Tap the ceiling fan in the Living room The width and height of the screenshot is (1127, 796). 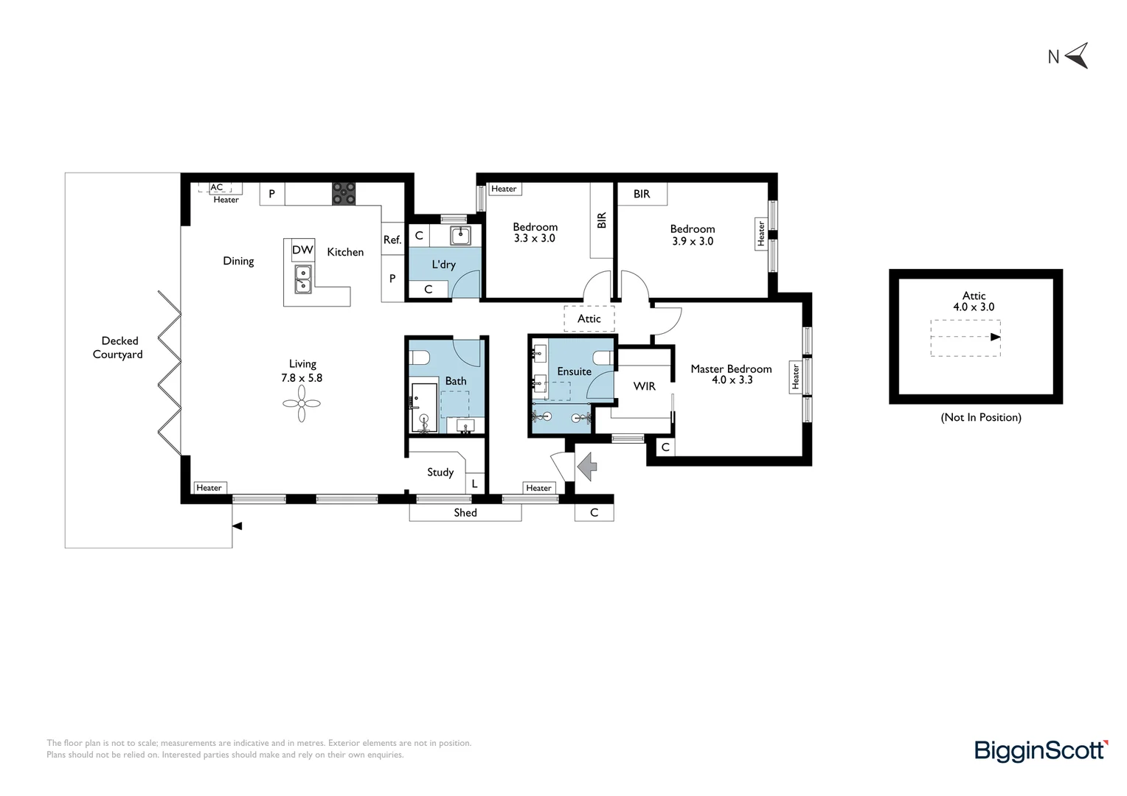click(302, 403)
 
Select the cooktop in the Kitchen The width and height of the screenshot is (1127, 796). click(344, 194)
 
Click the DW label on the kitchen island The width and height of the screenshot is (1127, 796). click(303, 250)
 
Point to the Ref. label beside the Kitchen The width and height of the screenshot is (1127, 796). click(392, 240)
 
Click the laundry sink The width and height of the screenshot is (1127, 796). click(460, 235)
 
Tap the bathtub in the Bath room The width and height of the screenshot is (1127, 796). click(424, 408)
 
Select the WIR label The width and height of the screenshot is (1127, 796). click(645, 386)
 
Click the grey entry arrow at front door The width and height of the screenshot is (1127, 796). click(587, 467)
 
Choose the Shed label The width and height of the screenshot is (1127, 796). click(465, 513)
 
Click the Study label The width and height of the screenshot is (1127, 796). click(440, 472)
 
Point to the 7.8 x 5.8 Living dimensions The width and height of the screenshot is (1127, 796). click(302, 377)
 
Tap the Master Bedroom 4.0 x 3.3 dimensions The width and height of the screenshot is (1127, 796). click(732, 380)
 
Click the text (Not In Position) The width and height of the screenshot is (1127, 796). click(981, 417)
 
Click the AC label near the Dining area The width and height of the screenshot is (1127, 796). click(216, 187)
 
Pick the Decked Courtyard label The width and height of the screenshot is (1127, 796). click(118, 347)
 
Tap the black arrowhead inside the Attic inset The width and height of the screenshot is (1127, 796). click(995, 337)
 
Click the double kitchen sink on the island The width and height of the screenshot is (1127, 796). click(302, 279)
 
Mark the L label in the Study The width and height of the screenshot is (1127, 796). click(474, 484)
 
